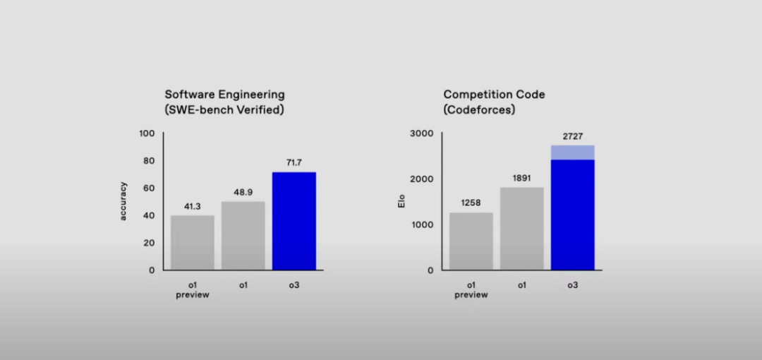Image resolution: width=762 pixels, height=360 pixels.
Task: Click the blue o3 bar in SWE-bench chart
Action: point(294,220)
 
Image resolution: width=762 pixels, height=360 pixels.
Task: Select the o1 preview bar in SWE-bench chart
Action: point(193,242)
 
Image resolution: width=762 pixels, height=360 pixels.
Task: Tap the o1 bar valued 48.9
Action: point(243,235)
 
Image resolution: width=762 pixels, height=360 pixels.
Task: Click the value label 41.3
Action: point(193,207)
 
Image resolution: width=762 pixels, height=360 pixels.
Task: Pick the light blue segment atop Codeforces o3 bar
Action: point(573,152)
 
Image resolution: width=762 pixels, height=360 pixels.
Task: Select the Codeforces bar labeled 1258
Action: point(471,241)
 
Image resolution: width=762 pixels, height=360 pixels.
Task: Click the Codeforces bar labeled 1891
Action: point(522,228)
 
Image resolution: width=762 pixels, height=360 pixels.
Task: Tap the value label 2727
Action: point(573,137)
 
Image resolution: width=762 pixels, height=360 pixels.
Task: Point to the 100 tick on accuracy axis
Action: point(147,133)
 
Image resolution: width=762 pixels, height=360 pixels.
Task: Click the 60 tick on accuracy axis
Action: point(149,188)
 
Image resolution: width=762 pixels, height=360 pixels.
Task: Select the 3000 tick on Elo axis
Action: point(423,133)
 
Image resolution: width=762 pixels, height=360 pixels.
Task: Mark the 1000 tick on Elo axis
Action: point(423,224)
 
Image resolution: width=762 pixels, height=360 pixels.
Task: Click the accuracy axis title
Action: point(123,201)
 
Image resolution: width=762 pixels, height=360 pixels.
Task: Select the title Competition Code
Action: point(494,94)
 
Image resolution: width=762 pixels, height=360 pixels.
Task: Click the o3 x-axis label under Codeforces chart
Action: point(573,284)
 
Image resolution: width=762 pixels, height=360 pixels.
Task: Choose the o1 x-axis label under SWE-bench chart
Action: point(243,284)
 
